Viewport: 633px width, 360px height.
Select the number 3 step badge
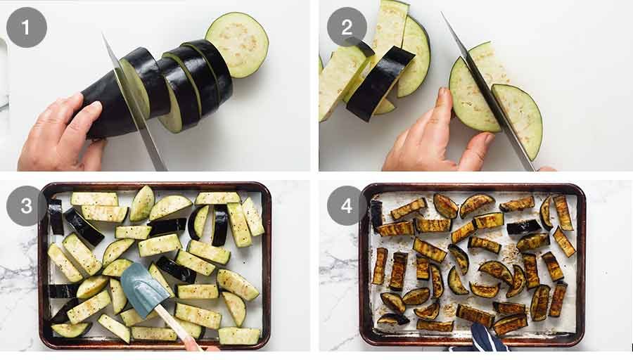pos(26,205)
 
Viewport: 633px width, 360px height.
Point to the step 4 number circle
pos(347,205)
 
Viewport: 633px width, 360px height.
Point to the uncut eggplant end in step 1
pos(105,109)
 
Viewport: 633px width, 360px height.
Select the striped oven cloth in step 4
pos(485,341)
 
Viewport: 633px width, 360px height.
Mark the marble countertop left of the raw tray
pos(18,281)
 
